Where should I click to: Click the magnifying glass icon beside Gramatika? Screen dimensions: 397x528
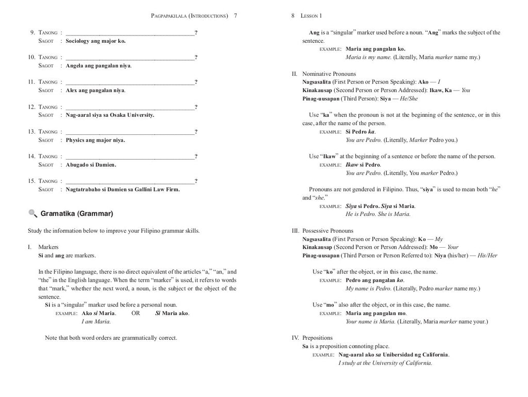point(32,213)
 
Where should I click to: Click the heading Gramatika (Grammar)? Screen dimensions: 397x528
point(77,213)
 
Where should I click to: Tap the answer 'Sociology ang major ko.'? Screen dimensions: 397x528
point(95,41)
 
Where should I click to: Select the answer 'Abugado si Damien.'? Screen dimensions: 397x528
point(91,165)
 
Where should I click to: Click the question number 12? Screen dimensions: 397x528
point(31,107)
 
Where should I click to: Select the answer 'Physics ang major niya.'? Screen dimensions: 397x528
point(95,140)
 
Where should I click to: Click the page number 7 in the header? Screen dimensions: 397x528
point(235,16)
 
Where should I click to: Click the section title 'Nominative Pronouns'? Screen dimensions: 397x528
point(328,74)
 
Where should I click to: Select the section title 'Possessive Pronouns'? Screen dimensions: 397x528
point(327,231)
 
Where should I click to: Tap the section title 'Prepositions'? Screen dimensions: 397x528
point(317,338)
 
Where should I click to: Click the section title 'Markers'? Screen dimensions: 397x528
point(48,247)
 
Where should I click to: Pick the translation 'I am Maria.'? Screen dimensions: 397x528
point(96,321)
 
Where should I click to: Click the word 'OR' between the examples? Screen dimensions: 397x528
point(136,313)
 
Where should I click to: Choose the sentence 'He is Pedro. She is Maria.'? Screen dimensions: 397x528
point(378,214)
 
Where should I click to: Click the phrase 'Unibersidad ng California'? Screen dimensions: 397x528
point(415,355)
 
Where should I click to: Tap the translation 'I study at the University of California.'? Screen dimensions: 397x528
point(385,363)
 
